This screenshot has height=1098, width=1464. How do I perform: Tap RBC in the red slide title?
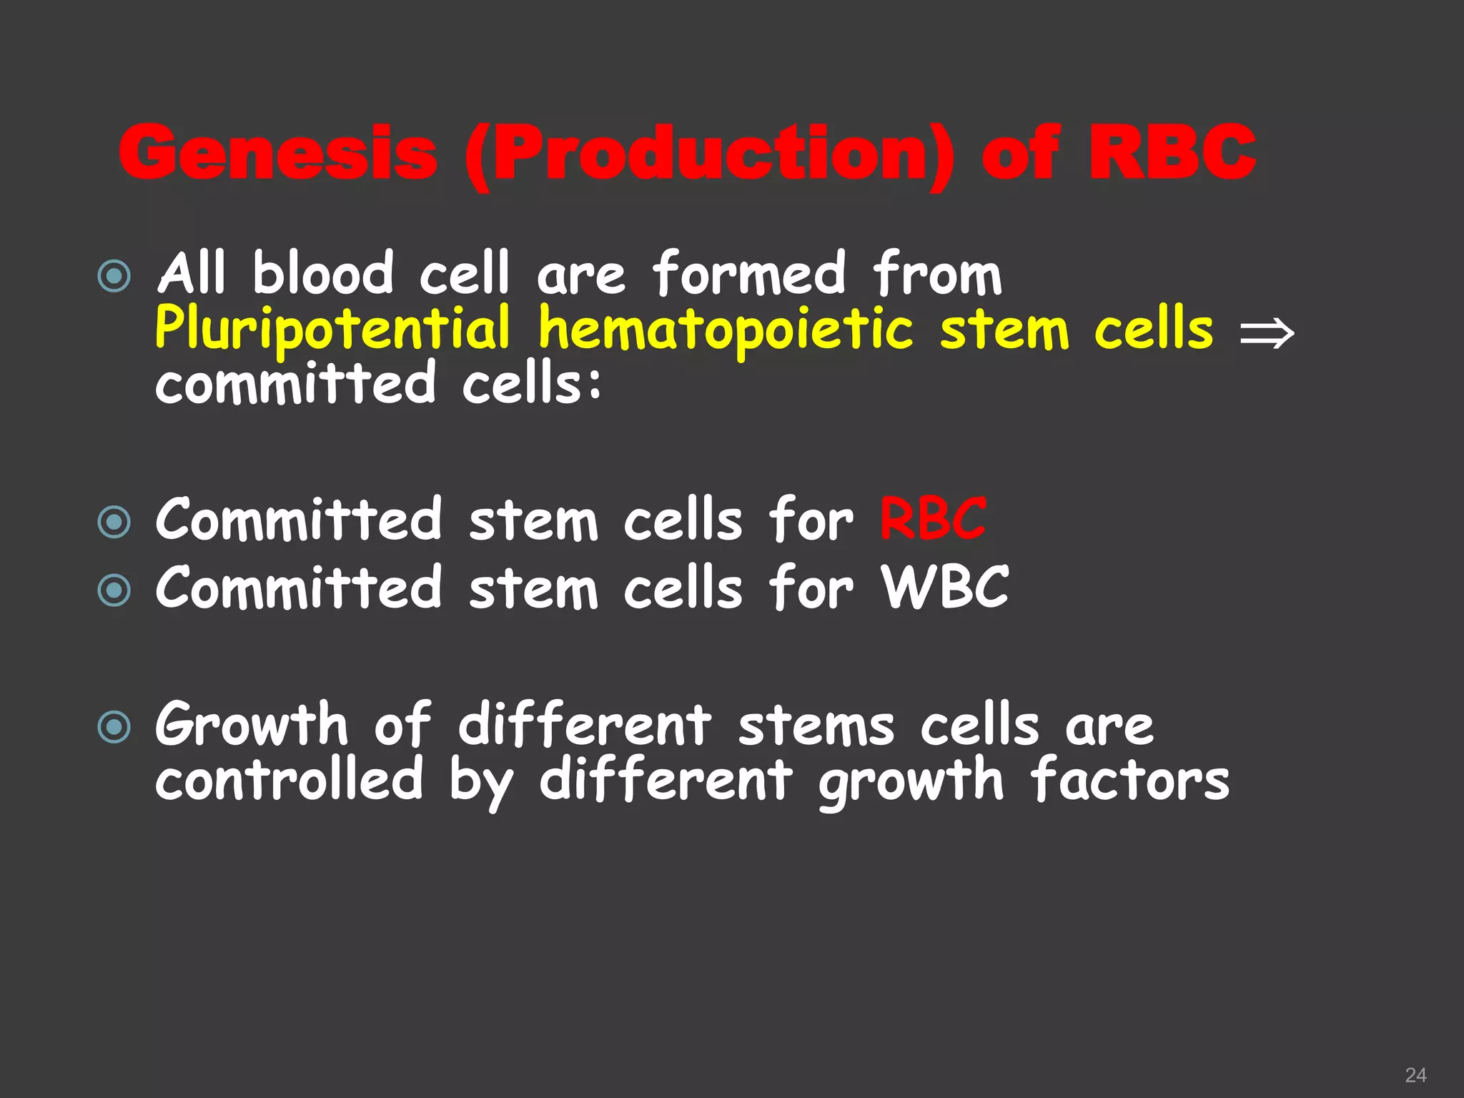1172,152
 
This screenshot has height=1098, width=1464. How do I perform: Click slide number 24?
1415,1075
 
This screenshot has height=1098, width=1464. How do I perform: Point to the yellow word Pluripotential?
333,329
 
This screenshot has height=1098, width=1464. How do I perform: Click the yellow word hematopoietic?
726,329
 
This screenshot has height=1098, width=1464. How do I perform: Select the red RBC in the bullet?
933,520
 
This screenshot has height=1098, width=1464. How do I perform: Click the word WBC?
945,588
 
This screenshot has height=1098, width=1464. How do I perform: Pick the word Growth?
252,725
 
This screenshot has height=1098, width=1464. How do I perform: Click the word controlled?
290,779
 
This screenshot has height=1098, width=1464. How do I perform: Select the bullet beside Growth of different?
114,727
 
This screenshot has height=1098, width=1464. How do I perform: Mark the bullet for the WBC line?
114,590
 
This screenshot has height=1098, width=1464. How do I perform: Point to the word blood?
323,274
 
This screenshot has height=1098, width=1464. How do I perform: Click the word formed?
749,274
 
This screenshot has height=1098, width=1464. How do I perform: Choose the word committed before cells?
295,384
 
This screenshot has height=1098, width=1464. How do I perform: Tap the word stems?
816,725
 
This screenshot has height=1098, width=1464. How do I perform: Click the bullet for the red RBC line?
114,522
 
